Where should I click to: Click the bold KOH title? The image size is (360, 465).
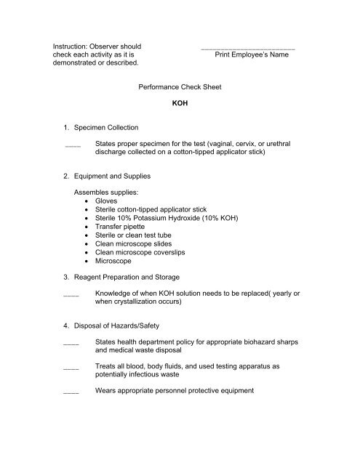[x=179, y=104]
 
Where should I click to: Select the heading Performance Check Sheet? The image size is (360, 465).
[x=179, y=86]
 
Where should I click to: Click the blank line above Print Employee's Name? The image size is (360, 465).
[x=247, y=46]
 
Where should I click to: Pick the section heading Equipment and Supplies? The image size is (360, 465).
[x=118, y=175]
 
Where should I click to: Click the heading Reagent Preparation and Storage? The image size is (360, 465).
[x=137, y=277]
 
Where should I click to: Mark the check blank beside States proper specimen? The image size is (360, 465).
[x=72, y=145]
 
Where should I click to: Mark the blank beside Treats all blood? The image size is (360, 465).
[x=71, y=368]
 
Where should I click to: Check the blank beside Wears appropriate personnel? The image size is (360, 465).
[x=71, y=392]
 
